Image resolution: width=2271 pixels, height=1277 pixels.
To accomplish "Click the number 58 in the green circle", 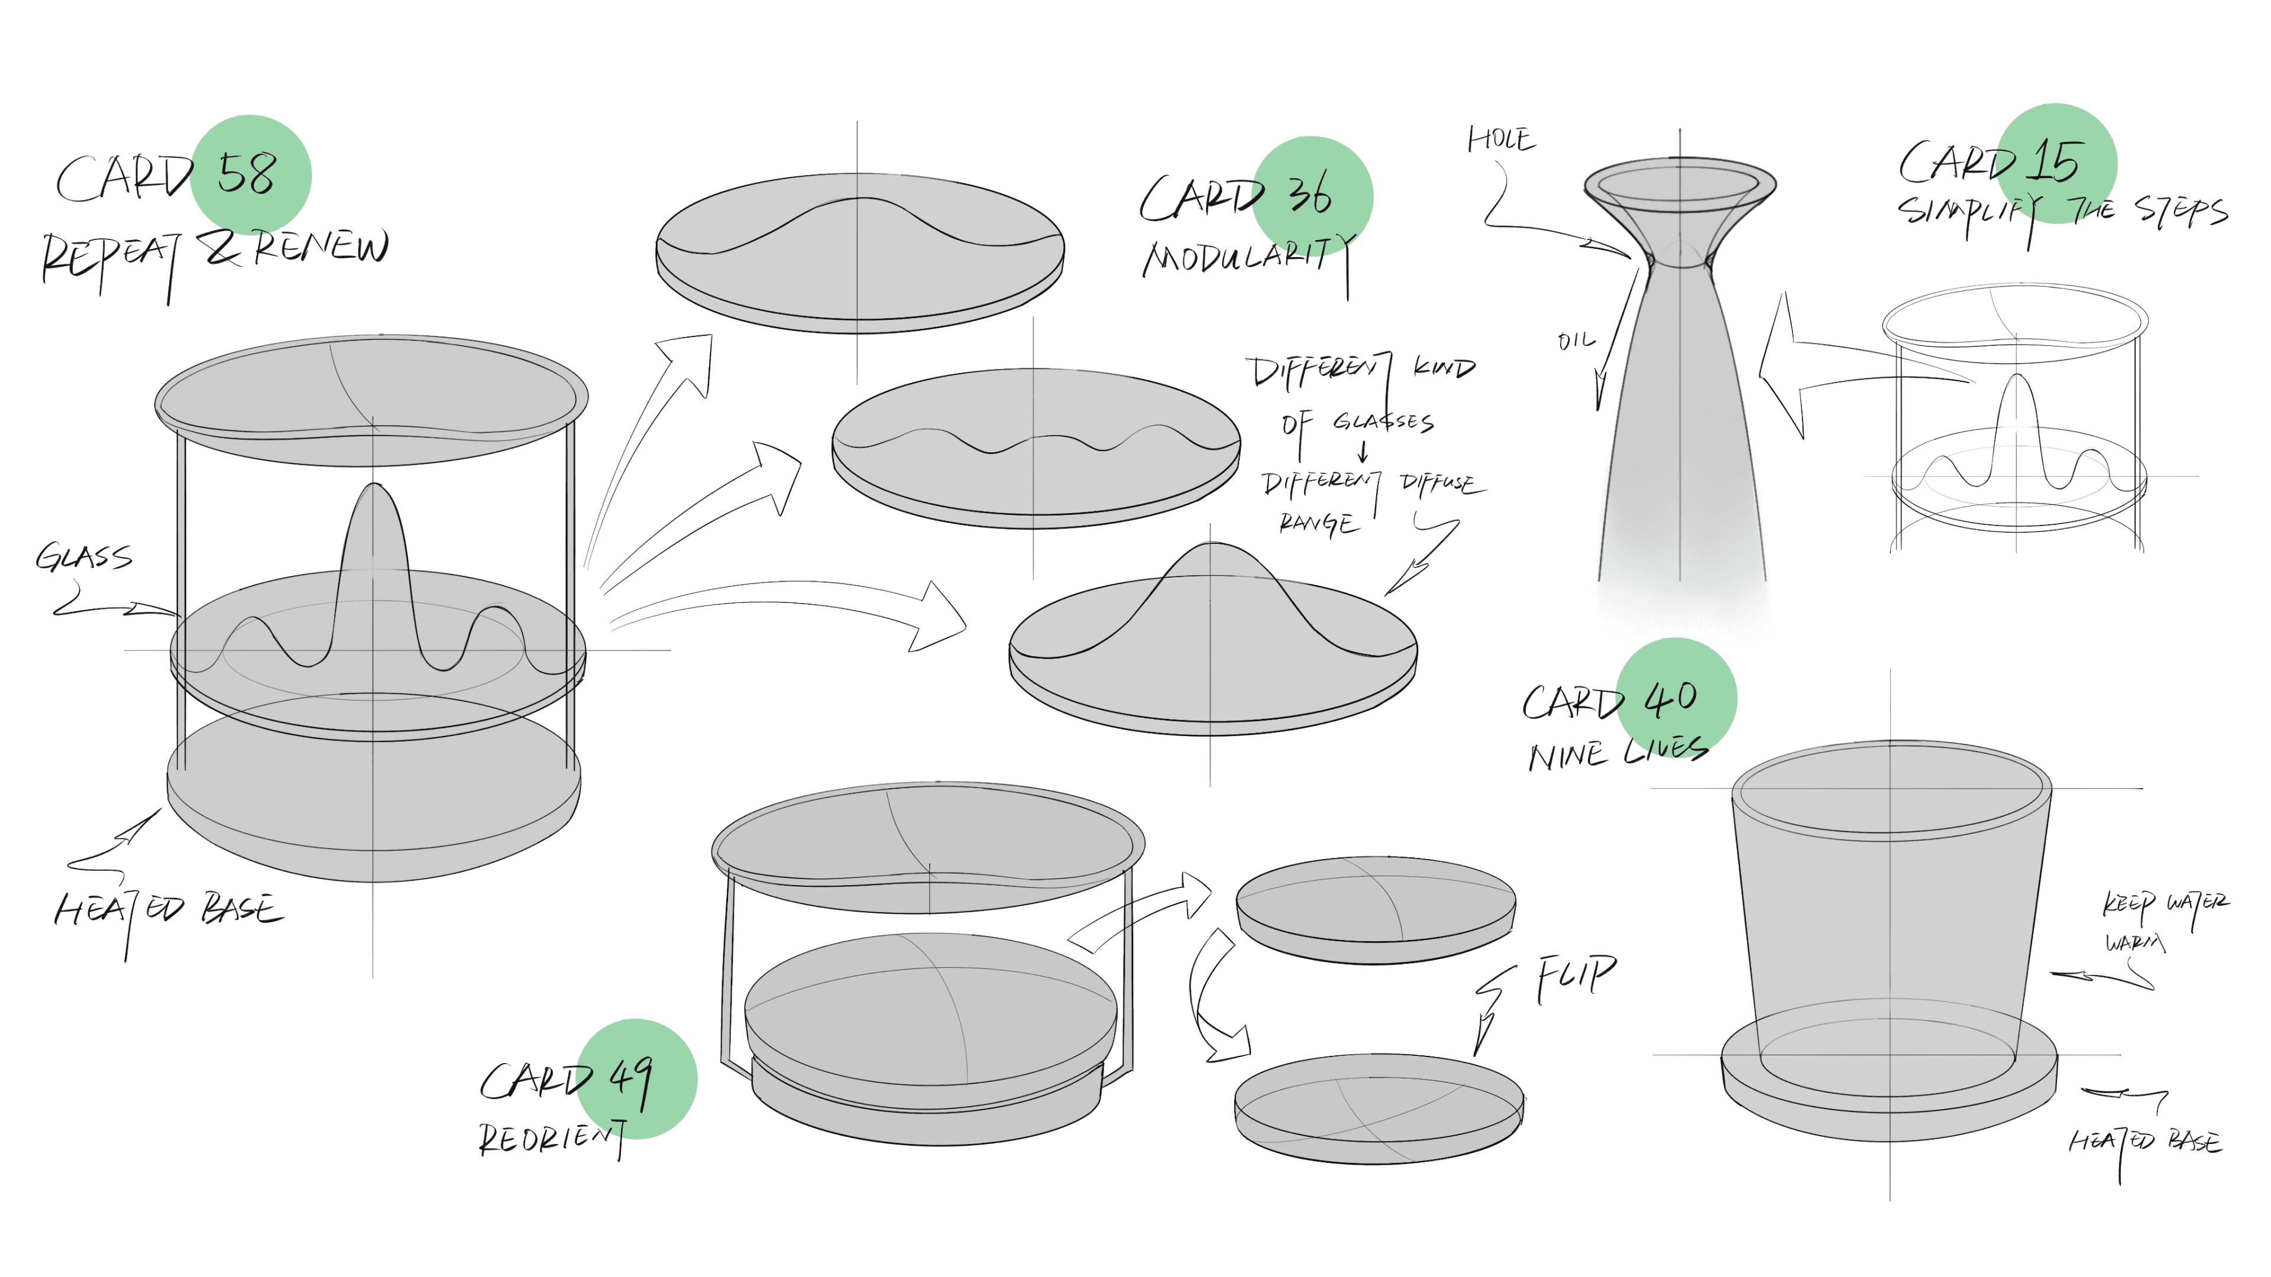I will tap(247, 174).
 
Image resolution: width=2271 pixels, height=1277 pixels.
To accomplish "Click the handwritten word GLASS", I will tap(84, 557).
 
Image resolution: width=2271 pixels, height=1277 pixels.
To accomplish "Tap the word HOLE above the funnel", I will tap(1500, 140).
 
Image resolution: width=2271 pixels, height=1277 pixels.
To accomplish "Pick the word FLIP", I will tap(1576, 977).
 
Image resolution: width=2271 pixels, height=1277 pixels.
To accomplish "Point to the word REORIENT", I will tap(552, 1139).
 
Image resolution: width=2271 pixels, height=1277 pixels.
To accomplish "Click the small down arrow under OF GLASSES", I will tap(1363, 452).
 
